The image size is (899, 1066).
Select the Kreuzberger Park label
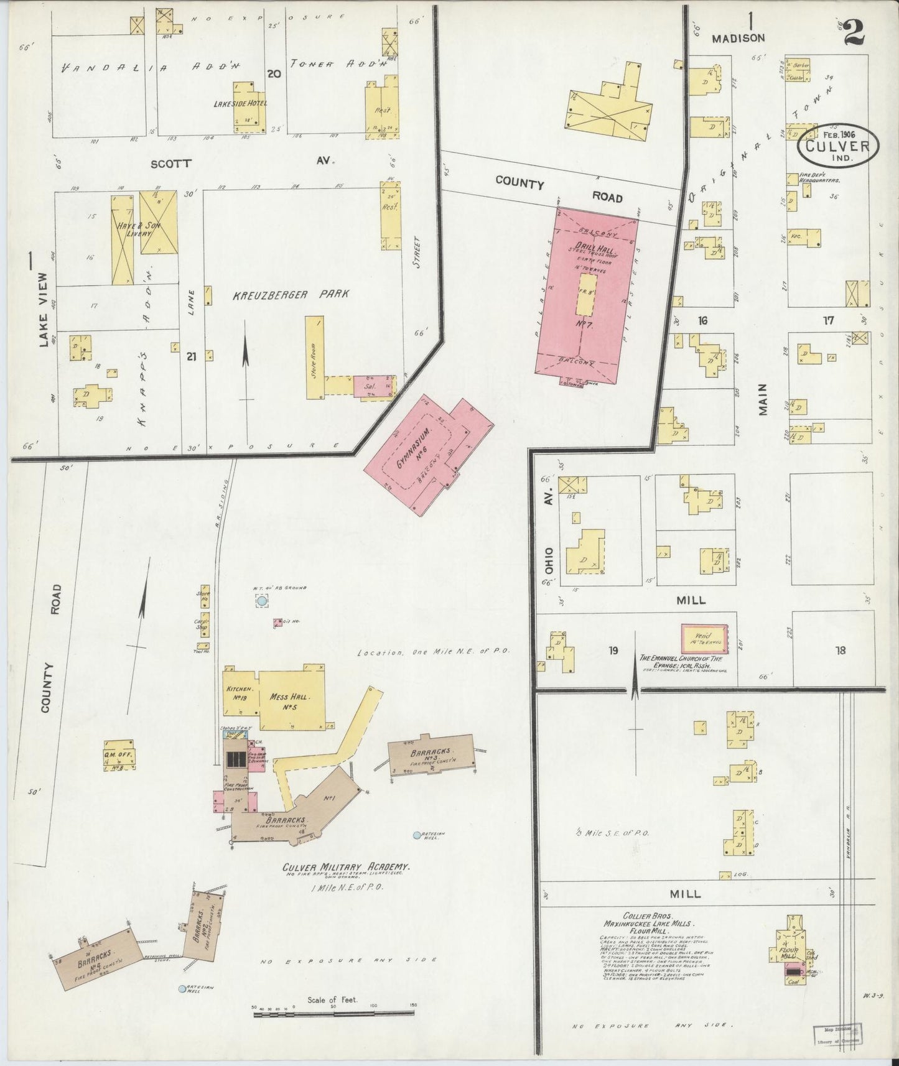(291, 294)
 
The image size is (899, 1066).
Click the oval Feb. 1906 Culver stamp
(839, 146)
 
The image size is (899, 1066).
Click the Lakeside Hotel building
(249, 107)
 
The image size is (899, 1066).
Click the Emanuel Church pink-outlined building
(705, 637)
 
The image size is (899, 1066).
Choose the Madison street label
(738, 38)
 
